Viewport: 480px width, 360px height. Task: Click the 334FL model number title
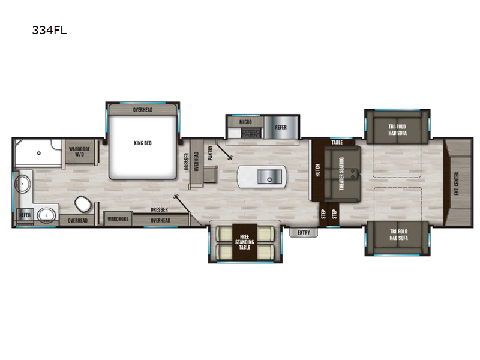point(49,31)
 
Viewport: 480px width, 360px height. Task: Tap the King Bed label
point(143,143)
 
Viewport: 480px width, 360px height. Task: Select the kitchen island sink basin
point(269,177)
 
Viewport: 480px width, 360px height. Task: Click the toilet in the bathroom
point(83,204)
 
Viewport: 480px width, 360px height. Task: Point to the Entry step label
point(304,233)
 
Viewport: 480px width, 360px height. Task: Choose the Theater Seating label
point(341,173)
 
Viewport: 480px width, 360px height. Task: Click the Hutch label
point(317,170)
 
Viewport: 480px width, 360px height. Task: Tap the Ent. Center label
point(457,184)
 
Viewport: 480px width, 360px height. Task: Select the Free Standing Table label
point(245,242)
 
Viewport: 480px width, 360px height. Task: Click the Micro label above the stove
point(245,122)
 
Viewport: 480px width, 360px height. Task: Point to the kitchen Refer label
point(281,127)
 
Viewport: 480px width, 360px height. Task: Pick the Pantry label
point(211,153)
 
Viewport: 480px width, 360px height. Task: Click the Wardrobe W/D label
point(79,152)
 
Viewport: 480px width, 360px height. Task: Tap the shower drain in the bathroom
point(39,153)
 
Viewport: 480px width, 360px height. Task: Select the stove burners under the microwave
point(251,133)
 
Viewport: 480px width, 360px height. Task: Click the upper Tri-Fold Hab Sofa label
point(397,130)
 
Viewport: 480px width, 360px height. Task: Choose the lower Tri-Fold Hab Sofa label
point(398,235)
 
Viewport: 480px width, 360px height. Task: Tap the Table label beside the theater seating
point(337,142)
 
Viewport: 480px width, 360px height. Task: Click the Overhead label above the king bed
point(143,110)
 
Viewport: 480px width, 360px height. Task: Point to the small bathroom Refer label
point(25,215)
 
